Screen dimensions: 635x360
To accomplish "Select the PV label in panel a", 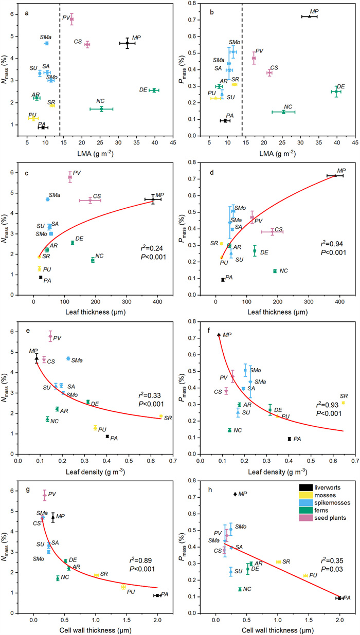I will (66, 17).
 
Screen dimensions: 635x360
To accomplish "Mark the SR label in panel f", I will (344, 395).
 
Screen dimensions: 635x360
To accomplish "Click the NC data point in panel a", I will (101, 109).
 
